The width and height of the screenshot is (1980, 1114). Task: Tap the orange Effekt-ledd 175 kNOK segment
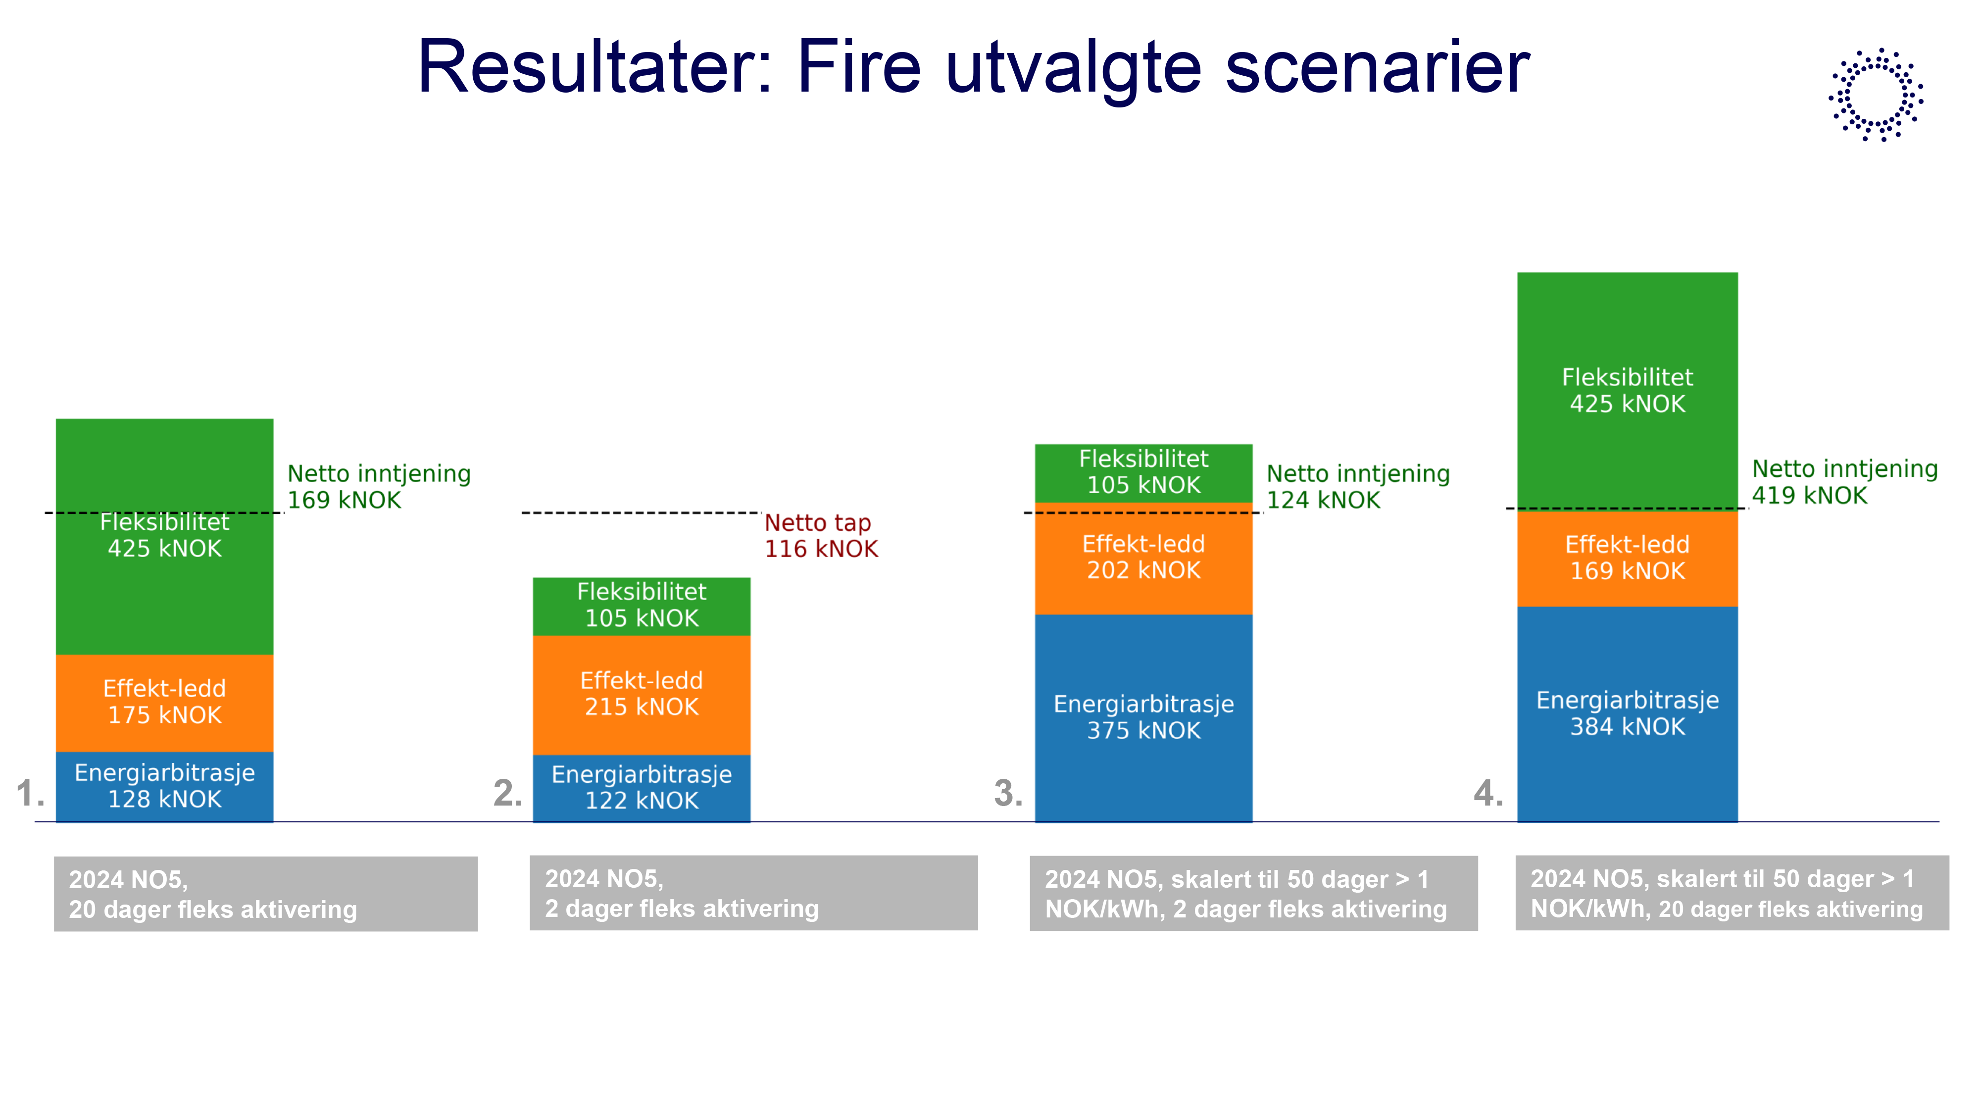(x=164, y=702)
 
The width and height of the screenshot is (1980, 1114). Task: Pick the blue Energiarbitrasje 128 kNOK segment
(x=164, y=786)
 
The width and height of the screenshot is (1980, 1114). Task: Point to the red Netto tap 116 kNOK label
(x=820, y=536)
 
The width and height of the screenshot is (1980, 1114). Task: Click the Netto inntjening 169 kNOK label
(x=378, y=487)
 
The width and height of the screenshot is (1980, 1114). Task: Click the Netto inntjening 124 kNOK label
(x=1357, y=487)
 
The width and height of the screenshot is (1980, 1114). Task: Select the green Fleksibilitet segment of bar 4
(x=1627, y=391)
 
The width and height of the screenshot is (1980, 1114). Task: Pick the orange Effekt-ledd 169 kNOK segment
(x=1627, y=558)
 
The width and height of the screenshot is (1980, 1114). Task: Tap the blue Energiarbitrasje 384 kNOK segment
(x=1627, y=713)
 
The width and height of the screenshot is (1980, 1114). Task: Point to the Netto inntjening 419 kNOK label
(x=1844, y=482)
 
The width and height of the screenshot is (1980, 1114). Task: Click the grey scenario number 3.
(x=1008, y=793)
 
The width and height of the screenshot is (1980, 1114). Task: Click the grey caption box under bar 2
(x=753, y=893)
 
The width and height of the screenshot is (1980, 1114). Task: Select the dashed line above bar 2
(x=641, y=513)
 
